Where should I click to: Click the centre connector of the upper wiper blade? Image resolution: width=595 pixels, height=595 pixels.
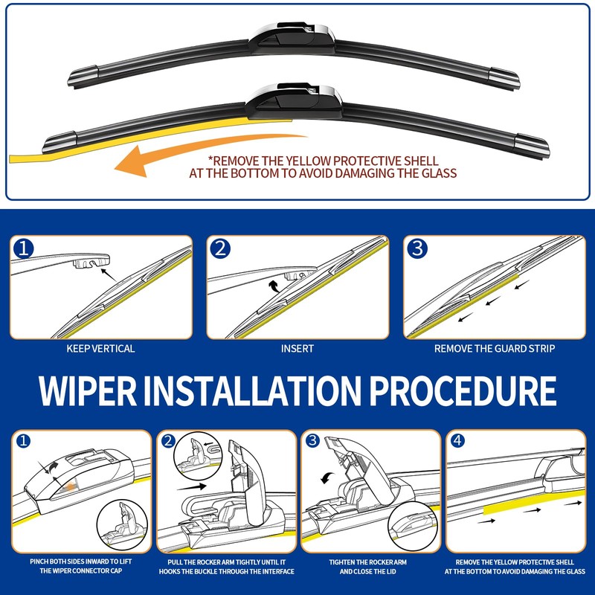pyautogui.click(x=292, y=39)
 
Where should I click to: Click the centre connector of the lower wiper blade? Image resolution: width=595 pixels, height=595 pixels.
pyautogui.click(x=293, y=101)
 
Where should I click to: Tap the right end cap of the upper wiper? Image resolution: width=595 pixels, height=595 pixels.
pyautogui.click(x=504, y=78)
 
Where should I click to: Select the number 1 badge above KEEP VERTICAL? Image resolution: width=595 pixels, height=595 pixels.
pyautogui.click(x=24, y=249)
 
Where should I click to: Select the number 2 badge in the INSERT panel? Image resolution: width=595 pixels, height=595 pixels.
pyautogui.click(x=220, y=249)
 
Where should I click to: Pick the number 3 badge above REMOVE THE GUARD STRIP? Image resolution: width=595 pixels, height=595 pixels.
pyautogui.click(x=417, y=249)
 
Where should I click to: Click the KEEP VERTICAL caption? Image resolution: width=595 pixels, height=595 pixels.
pyautogui.click(x=100, y=349)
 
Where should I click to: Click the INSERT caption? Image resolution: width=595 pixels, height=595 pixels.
pyautogui.click(x=297, y=349)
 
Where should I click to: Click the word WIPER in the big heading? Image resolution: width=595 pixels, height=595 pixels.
pyautogui.click(x=88, y=391)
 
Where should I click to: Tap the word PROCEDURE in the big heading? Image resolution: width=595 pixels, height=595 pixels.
pyautogui.click(x=463, y=391)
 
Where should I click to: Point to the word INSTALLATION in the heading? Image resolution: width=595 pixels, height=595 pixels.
pyautogui.click(x=253, y=391)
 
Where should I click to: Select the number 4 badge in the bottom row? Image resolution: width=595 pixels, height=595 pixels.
pyautogui.click(x=457, y=440)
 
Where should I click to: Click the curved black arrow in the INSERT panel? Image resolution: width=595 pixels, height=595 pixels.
pyautogui.click(x=274, y=286)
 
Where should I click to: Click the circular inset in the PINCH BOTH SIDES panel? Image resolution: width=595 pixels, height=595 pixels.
pyautogui.click(x=122, y=525)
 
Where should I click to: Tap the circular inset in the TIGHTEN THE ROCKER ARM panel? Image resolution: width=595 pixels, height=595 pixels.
pyautogui.click(x=413, y=526)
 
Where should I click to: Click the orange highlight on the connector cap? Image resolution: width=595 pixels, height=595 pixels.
pyautogui.click(x=70, y=487)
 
